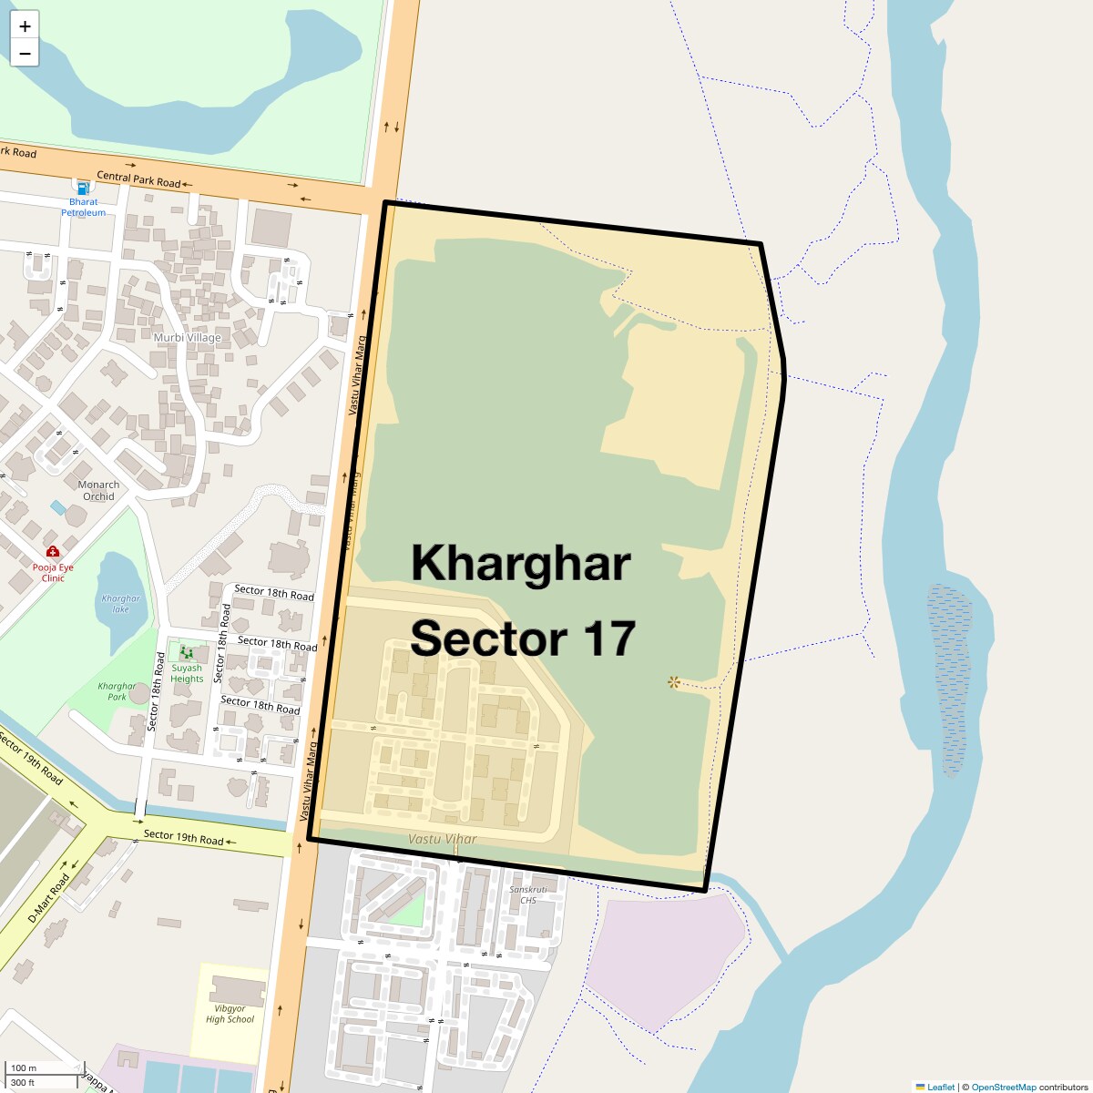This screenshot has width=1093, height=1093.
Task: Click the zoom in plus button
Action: (25, 26)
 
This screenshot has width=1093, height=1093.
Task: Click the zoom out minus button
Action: (25, 54)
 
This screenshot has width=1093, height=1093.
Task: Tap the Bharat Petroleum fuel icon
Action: (83, 186)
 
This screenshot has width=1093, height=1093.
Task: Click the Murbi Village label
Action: (188, 337)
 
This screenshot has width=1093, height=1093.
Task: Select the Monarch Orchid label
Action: (98, 490)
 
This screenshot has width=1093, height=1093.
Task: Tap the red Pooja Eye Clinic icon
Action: (53, 551)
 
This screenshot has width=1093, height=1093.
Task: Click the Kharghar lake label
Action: (121, 604)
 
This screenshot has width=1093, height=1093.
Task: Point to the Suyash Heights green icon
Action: (187, 652)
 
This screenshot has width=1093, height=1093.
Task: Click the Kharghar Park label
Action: (117, 691)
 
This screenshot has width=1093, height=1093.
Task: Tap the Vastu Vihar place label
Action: (442, 839)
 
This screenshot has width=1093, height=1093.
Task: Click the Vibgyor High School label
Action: (230, 1014)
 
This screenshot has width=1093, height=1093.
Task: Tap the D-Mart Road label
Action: (48, 899)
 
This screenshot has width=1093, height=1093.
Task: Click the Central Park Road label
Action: (138, 179)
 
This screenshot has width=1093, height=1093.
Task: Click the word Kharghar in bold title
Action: (520, 563)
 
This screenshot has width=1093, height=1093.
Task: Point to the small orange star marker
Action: (673, 682)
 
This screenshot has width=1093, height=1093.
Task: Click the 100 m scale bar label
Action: (25, 1067)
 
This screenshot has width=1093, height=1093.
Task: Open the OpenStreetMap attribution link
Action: (1003, 1087)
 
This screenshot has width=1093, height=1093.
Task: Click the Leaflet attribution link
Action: (940, 1087)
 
